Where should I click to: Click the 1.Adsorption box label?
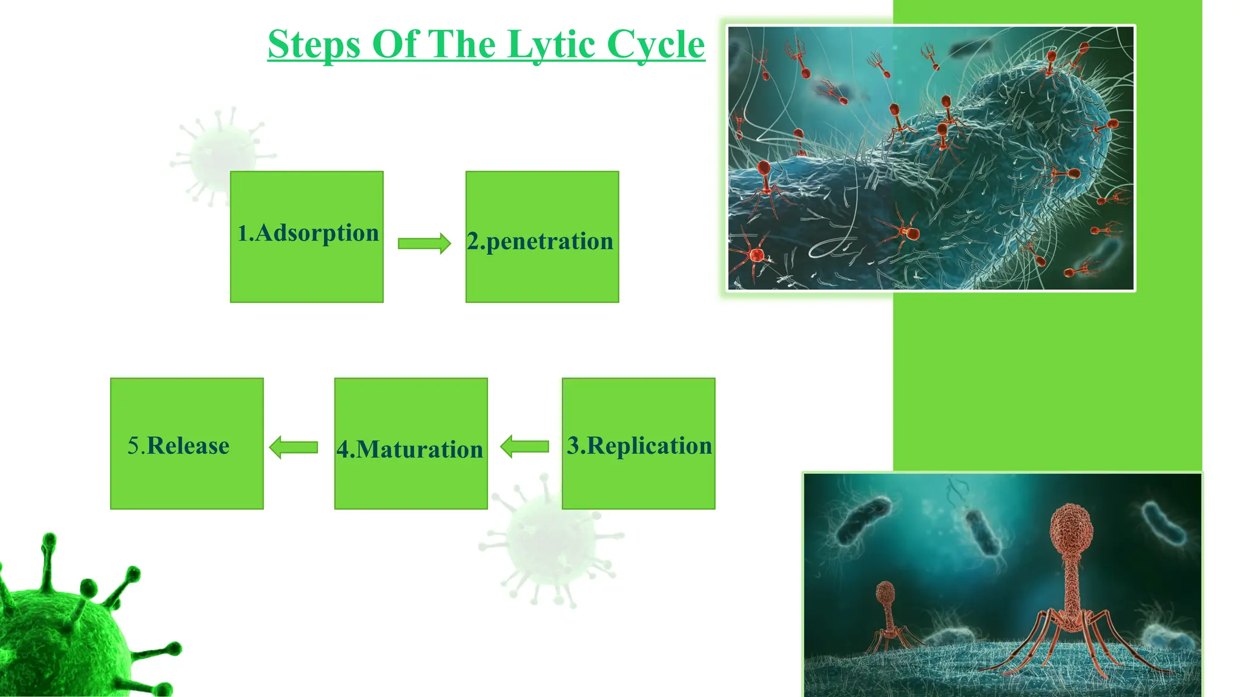(308, 233)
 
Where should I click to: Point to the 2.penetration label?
(540, 241)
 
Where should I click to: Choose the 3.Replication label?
(639, 445)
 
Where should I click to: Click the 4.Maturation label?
(410, 450)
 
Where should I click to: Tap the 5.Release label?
(179, 446)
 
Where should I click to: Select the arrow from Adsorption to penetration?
(424, 243)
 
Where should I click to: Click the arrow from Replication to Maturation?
(524, 447)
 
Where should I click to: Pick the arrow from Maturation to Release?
(294, 447)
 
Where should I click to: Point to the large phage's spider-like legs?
(1072, 641)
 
